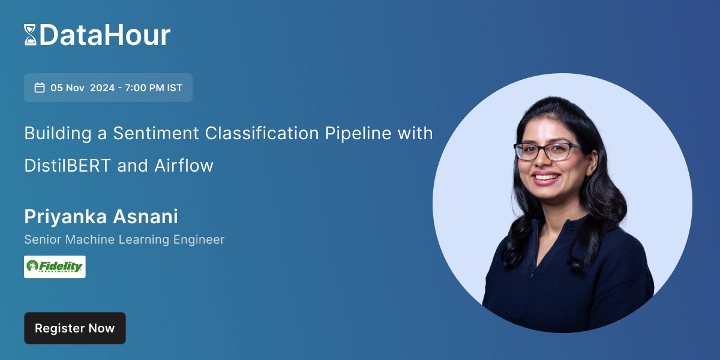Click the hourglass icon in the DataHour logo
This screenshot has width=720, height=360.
[x=30, y=35]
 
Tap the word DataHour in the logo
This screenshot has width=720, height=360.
[x=105, y=35]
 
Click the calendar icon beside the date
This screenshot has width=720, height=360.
[x=40, y=88]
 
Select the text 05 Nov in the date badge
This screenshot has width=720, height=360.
[x=67, y=88]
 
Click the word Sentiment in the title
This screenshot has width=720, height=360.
[x=154, y=133]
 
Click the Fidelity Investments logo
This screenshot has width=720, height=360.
[x=55, y=266]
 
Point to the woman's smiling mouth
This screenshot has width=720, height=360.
[x=547, y=178]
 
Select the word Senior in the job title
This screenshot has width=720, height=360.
[x=42, y=239]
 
